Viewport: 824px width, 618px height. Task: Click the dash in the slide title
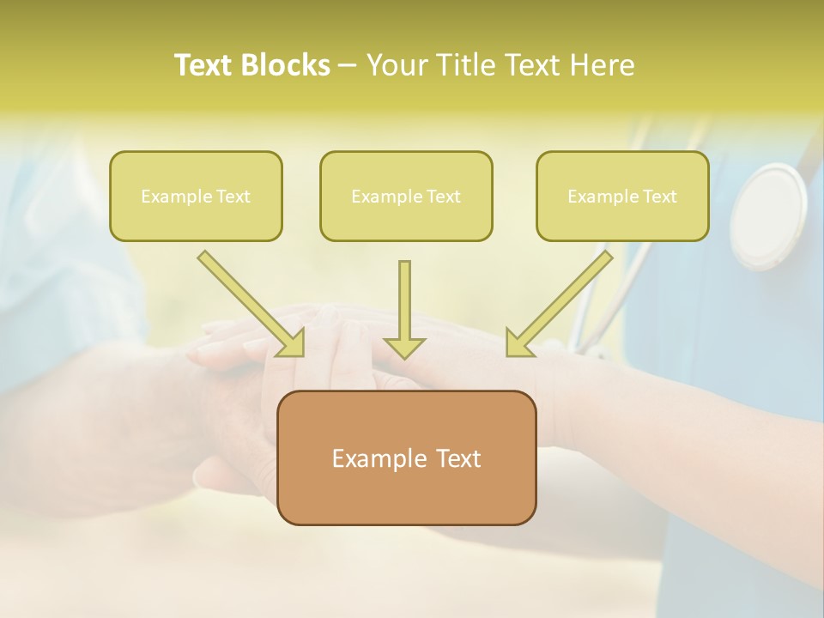pyautogui.click(x=348, y=66)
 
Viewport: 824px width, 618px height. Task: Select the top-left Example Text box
pyautogui.click(x=196, y=196)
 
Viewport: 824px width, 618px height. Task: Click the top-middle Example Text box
pyautogui.click(x=406, y=196)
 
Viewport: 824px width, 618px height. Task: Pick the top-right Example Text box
pyautogui.click(x=622, y=196)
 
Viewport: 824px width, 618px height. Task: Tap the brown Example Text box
pyautogui.click(x=406, y=457)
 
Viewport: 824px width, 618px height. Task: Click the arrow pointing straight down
pyautogui.click(x=404, y=309)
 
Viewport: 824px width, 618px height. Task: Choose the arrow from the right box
pyautogui.click(x=560, y=303)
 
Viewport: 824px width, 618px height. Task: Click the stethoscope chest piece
pyautogui.click(x=768, y=215)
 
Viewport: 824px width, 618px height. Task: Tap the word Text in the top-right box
pyautogui.click(x=659, y=197)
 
